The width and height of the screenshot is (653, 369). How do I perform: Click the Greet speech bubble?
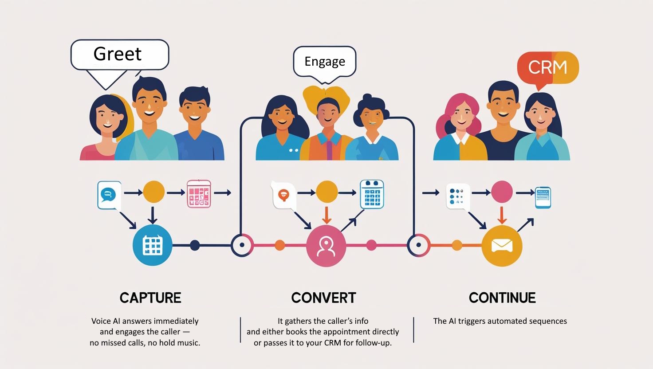coord(119,55)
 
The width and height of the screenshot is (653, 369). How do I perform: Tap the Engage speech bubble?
coord(325,61)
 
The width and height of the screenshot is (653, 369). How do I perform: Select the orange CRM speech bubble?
coord(548,67)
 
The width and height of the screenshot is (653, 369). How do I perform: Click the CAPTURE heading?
coord(150,298)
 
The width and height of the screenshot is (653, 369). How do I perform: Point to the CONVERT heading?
coord(323,298)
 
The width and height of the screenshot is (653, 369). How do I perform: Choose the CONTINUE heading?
coord(502,298)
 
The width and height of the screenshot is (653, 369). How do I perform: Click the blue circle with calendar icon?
coord(153,245)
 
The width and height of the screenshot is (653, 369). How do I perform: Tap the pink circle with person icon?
coord(326,247)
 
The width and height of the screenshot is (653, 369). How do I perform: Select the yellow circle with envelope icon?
coord(502,246)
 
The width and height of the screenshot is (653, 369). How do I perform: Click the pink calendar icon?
coord(199,193)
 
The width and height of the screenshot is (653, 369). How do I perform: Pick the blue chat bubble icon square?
coord(109,195)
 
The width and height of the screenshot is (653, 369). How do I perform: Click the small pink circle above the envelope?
coord(502,192)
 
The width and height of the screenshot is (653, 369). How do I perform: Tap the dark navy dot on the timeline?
coord(195,245)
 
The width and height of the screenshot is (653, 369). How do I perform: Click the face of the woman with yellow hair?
coord(328,111)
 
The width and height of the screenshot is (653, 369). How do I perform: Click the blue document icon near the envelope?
coord(543,197)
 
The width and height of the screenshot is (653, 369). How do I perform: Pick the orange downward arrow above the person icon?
coord(326,216)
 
